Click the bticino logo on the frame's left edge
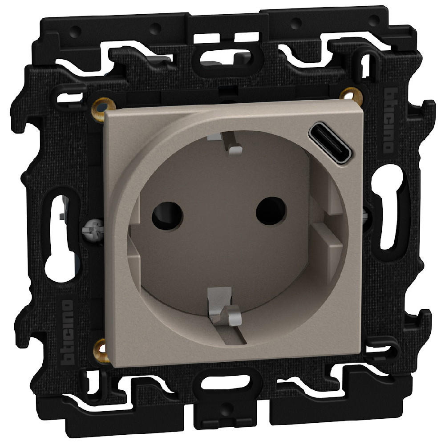pos(67,332)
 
